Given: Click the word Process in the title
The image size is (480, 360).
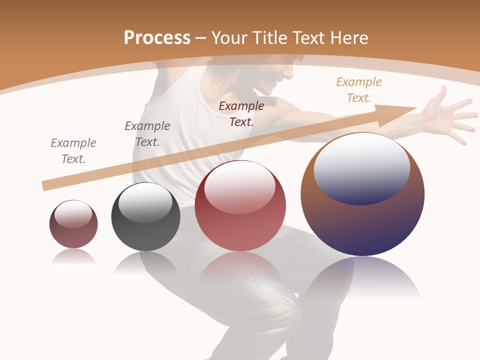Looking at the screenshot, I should [157, 37].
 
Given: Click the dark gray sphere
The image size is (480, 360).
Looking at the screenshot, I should [145, 216].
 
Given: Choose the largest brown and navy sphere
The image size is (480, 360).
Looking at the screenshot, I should [362, 195].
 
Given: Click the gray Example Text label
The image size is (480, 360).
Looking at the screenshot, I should [73, 151].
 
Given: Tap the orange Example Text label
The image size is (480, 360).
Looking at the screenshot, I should [359, 90].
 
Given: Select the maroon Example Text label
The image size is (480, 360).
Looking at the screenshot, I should [241, 113].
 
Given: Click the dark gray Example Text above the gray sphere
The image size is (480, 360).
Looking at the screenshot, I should [147, 134].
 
